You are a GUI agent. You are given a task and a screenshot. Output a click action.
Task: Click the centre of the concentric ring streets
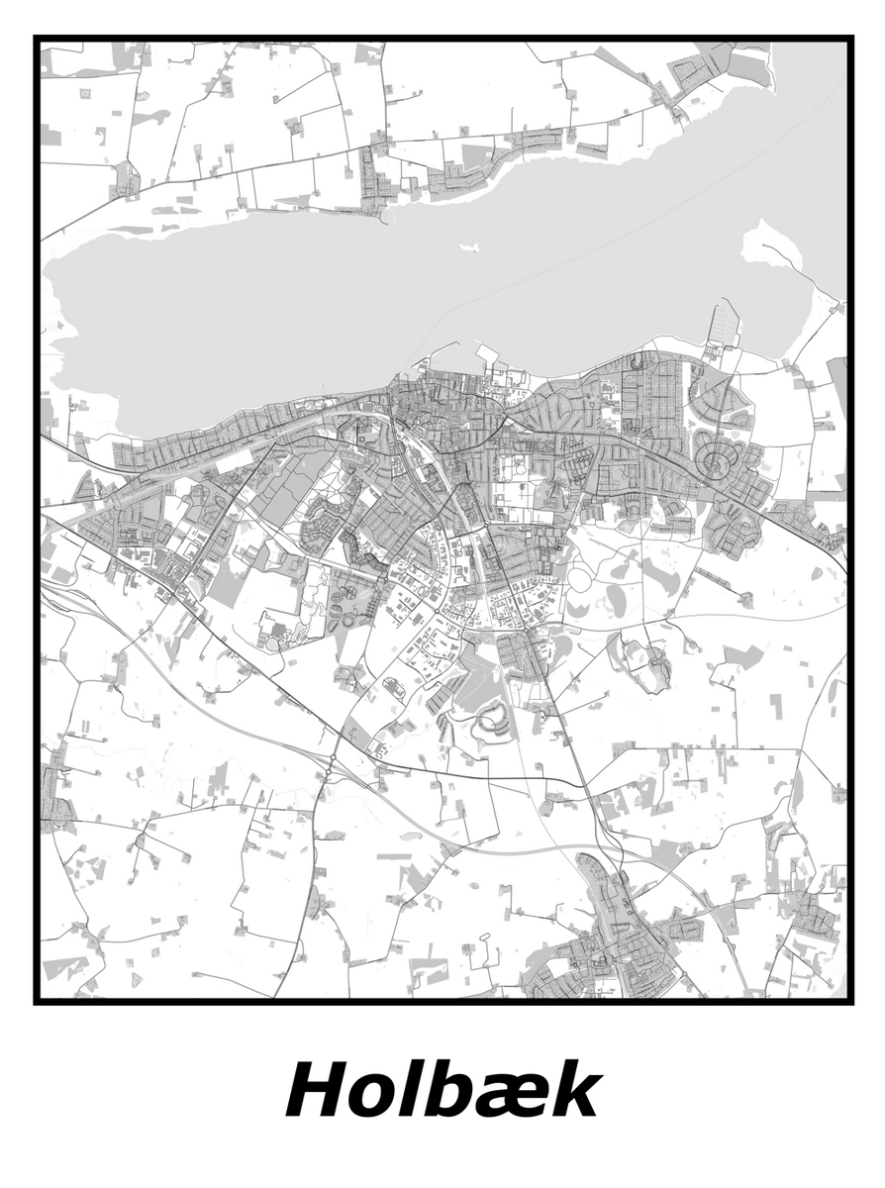pyautogui.click(x=714, y=461)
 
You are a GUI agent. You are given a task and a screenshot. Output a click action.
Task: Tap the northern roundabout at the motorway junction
pyautogui.click(x=333, y=758)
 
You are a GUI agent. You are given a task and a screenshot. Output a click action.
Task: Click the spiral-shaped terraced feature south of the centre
pyautogui.click(x=492, y=725)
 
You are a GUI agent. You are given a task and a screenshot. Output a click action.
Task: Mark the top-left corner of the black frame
pyautogui.click(x=37, y=39)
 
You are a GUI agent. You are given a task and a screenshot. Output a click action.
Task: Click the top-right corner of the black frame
pyautogui.click(x=850, y=39)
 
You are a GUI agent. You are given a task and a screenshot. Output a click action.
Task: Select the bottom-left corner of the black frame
pyautogui.click(x=37, y=1001)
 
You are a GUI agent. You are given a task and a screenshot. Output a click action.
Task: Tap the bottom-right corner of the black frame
pyautogui.click(x=850, y=1001)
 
